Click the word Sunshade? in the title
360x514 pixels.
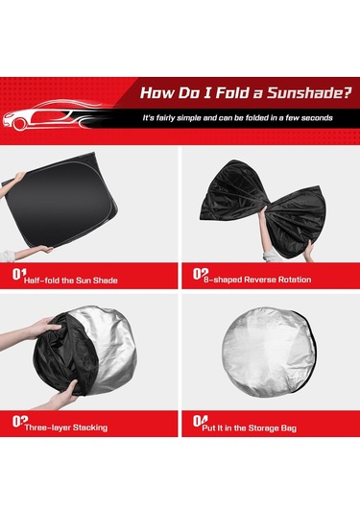click(x=309, y=93)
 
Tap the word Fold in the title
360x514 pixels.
click(x=233, y=93)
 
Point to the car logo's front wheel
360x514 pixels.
click(x=19, y=124)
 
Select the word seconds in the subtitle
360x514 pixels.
click(x=317, y=118)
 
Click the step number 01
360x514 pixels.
click(x=19, y=274)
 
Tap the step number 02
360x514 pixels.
click(x=200, y=274)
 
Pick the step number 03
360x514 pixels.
click(x=19, y=421)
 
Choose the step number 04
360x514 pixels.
click(x=200, y=421)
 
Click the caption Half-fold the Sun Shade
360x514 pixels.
click(x=70, y=281)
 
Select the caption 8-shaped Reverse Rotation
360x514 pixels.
click(x=257, y=280)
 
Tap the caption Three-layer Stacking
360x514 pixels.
click(x=66, y=428)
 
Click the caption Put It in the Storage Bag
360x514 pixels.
click(x=249, y=428)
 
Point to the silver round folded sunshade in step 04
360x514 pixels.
click(x=270, y=352)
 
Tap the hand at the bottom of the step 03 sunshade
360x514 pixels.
click(x=62, y=394)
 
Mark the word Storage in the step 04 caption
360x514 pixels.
click(x=264, y=428)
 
